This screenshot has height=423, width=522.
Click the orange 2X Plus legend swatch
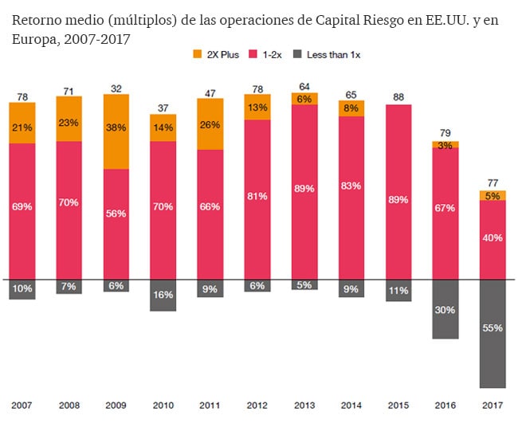[x=198, y=54]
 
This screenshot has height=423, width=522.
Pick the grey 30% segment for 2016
[x=445, y=309]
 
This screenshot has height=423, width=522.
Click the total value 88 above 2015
[x=398, y=97]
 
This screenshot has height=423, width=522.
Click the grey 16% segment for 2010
[x=163, y=295]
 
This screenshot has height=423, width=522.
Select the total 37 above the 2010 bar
[x=163, y=108]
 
